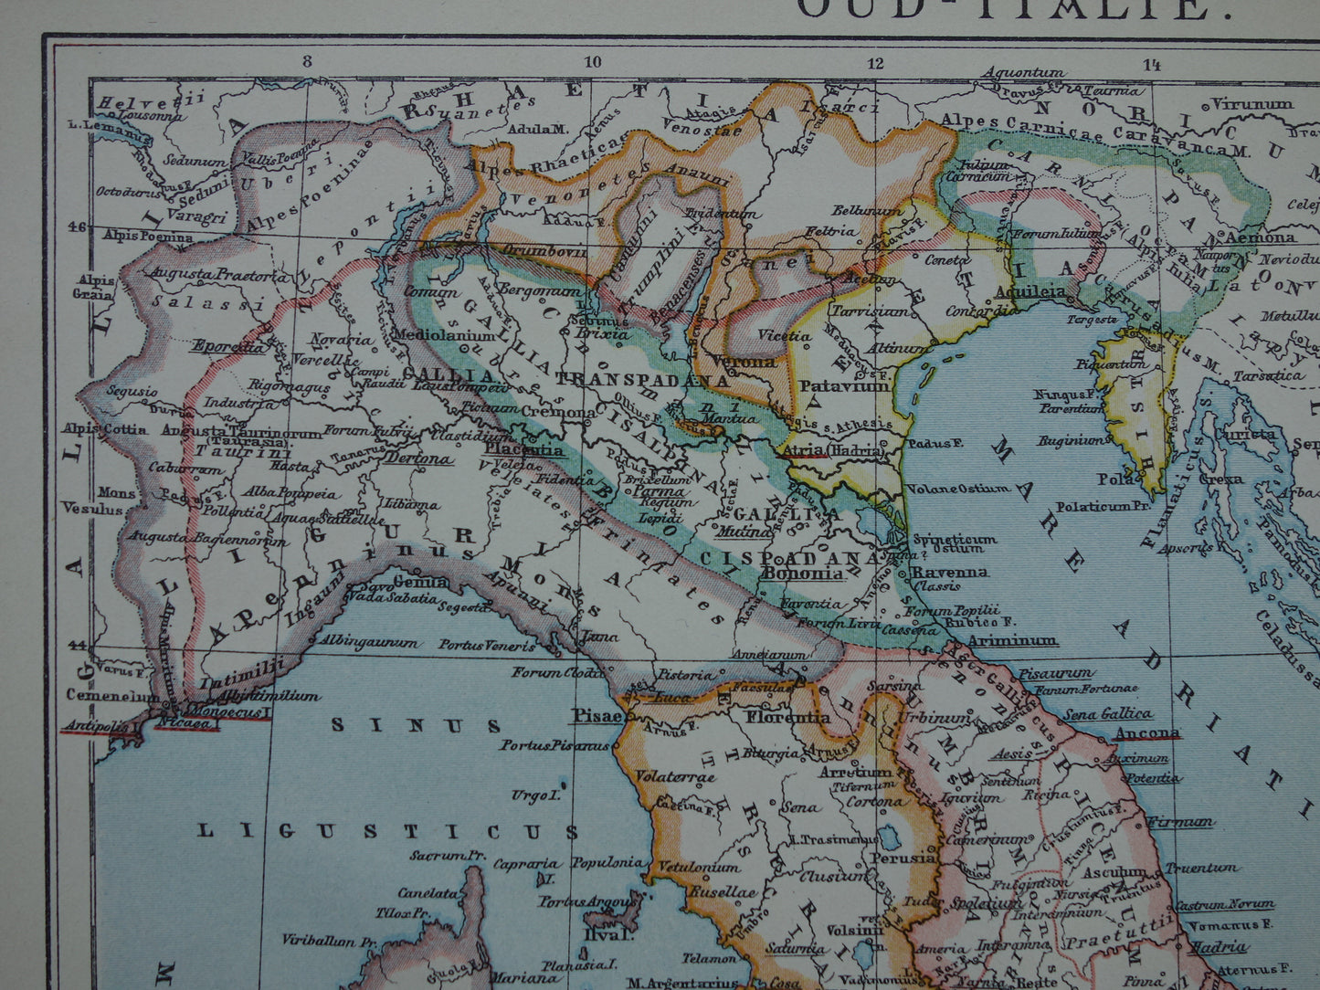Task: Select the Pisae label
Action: tap(597, 716)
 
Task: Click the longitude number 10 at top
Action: tap(592, 63)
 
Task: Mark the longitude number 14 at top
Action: tap(1150, 64)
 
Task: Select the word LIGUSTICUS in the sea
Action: tap(389, 831)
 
